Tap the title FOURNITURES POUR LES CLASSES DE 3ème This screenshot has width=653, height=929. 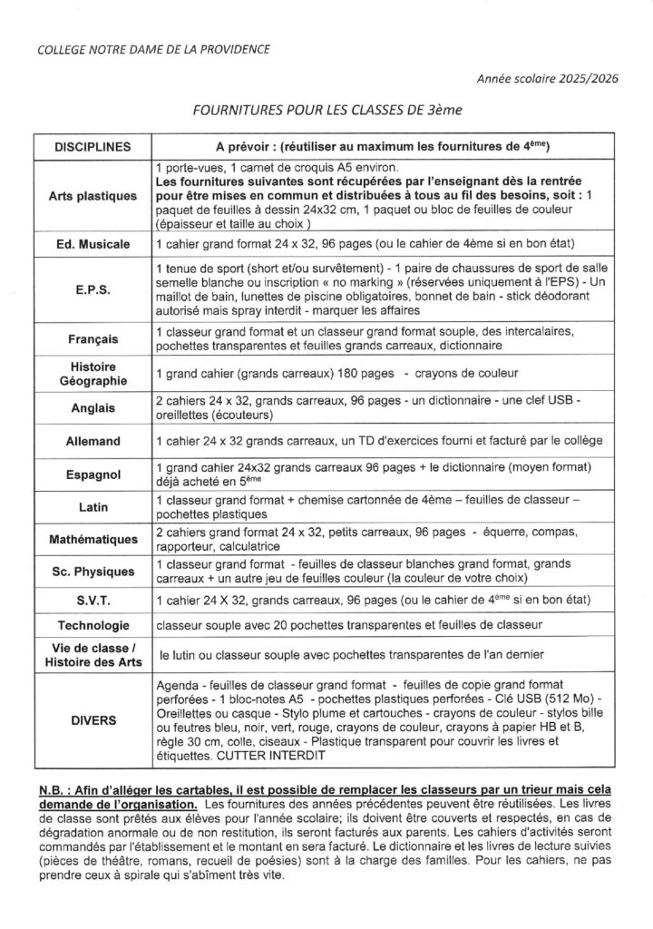pyautogui.click(x=326, y=111)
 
